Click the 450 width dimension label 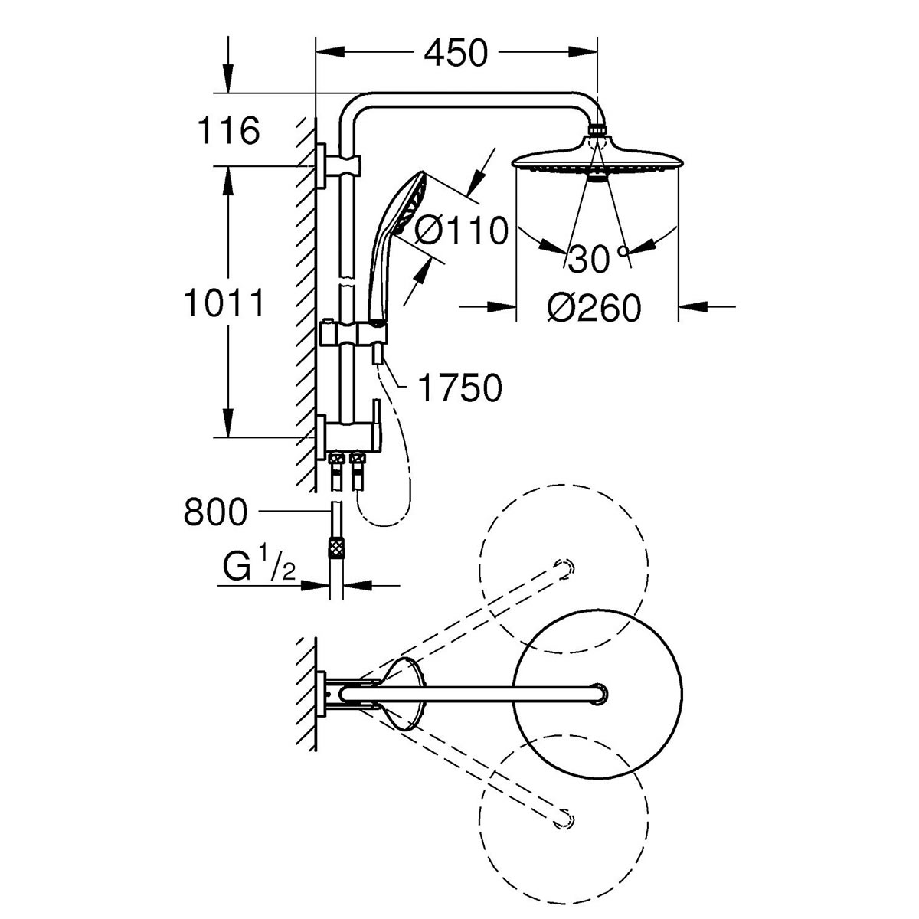point(456,53)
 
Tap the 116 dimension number point(229,130)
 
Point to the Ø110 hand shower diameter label point(460,230)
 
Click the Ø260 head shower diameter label point(594,308)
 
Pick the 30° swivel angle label point(598,259)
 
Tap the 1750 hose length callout point(460,388)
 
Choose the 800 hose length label point(215,512)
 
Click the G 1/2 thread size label point(260,567)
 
